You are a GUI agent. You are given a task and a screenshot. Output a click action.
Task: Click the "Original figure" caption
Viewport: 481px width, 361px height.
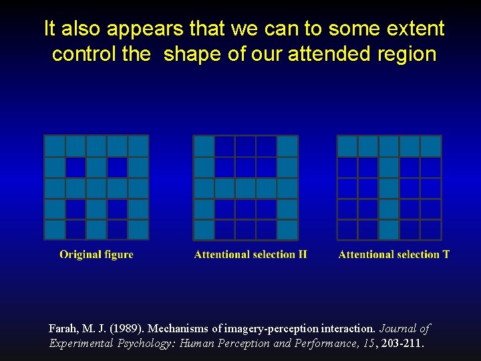(96, 255)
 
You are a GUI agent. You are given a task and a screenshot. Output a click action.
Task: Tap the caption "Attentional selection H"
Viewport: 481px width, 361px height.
(251, 255)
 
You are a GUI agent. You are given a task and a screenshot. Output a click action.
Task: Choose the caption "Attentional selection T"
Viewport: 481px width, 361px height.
(393, 255)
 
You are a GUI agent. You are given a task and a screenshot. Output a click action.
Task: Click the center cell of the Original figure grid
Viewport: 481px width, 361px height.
(96, 188)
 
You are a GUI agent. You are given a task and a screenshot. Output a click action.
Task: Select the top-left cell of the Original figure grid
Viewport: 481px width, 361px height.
(55, 146)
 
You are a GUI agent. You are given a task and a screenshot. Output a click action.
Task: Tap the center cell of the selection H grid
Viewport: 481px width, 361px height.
(246, 188)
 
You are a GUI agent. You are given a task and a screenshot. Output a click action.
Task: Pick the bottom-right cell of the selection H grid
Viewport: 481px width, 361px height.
(287, 229)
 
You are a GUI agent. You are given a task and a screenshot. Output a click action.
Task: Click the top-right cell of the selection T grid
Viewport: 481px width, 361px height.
(431, 146)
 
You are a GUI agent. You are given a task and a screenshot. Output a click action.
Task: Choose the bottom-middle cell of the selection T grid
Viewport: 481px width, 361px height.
(389, 229)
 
